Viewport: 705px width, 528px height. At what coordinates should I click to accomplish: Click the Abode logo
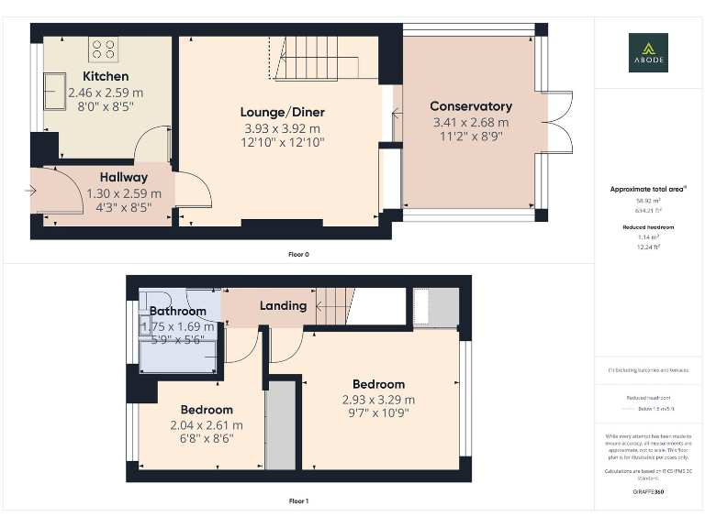coord(648,52)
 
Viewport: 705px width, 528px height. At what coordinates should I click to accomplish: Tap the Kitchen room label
coord(106,76)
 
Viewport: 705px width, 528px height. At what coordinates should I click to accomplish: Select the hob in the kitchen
coord(103,48)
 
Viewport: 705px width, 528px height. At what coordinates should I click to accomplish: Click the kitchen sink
coord(51,91)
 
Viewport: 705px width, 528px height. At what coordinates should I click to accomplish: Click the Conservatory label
coord(470,106)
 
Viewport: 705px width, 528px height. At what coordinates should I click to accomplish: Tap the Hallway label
coord(124,177)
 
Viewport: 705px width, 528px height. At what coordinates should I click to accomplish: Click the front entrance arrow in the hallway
coord(31,192)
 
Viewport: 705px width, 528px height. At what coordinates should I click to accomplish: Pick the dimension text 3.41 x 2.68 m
coord(470,122)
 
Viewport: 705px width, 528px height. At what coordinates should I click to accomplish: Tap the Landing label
coord(283,305)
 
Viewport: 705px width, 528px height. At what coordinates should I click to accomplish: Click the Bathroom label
coord(178,312)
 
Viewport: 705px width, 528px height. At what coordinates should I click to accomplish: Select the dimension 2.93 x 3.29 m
coord(378,400)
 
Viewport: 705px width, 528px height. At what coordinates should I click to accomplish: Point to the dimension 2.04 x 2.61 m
coord(207,425)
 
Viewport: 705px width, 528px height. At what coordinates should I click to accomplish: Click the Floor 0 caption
coord(298,254)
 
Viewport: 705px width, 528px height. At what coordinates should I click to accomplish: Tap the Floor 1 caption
coord(298,501)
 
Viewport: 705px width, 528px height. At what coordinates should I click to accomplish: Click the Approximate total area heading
coord(648,189)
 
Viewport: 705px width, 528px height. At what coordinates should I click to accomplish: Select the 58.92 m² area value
coord(648,200)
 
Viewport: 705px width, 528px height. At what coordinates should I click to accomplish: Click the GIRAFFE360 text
coord(648,492)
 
